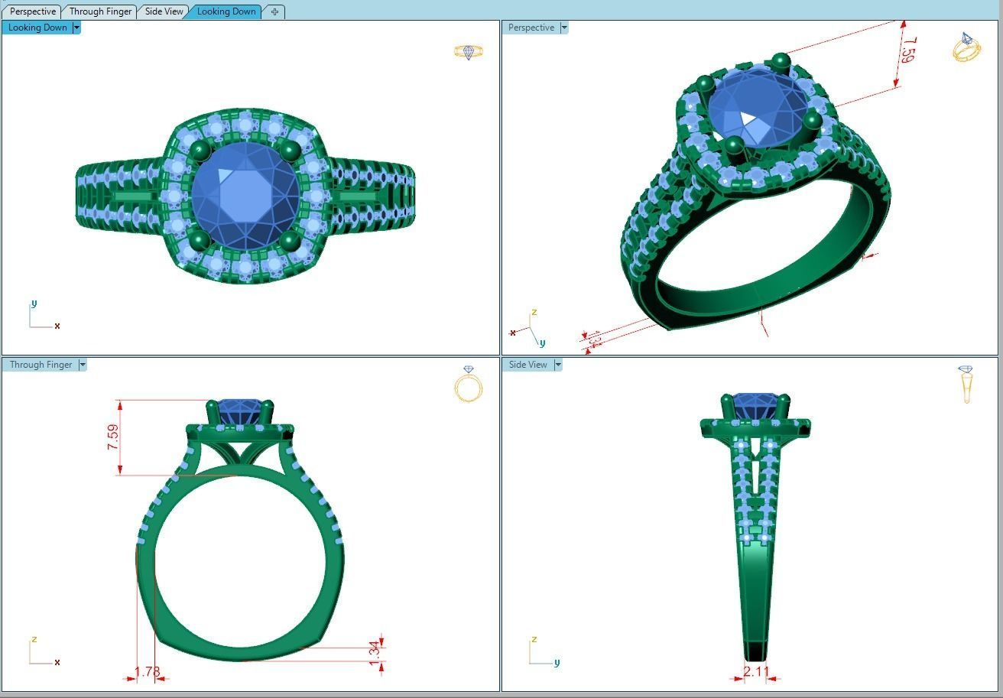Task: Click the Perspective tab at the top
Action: [x=33, y=11]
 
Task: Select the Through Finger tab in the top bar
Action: [x=100, y=11]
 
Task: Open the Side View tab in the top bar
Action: [x=164, y=11]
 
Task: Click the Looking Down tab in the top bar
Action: [x=226, y=11]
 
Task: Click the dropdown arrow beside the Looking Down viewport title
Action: [x=76, y=28]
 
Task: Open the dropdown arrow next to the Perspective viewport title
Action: [x=564, y=28]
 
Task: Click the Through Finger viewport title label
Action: [x=41, y=365]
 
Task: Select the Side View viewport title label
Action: [x=528, y=365]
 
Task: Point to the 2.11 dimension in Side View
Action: [x=756, y=671]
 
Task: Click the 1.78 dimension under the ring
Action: [x=148, y=672]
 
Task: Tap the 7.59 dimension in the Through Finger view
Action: [x=113, y=437]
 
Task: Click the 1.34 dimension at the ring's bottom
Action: [x=374, y=652]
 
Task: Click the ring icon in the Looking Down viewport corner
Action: [x=469, y=52]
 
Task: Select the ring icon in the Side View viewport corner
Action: [x=966, y=383]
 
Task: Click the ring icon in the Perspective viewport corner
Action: [x=966, y=47]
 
